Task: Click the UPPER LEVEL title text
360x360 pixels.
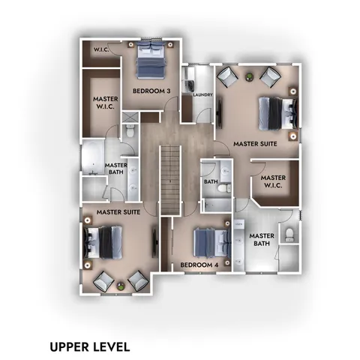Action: (90, 346)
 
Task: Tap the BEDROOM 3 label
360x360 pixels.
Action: (151, 91)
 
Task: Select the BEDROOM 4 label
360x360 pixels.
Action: (198, 265)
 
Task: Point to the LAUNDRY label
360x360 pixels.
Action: (203, 95)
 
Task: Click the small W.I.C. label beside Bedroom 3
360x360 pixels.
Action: (102, 49)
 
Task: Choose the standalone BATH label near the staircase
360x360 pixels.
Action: (211, 181)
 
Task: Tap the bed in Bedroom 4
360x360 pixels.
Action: (209, 242)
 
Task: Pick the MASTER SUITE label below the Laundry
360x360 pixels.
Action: (254, 143)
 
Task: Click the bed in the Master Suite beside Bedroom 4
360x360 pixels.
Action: (103, 241)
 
